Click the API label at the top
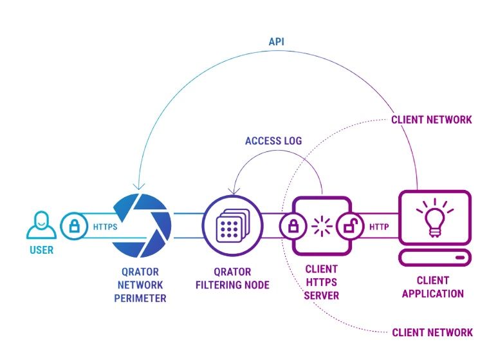coord(277,42)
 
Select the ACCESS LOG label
coord(273,141)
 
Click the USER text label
coord(41,250)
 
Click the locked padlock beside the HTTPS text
coord(74,226)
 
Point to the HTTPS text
coord(105,227)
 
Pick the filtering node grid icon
coord(232,226)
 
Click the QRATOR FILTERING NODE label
coord(232,278)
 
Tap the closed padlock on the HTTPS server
coord(293,226)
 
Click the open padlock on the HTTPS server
coord(351,226)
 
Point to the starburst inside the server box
coord(321,226)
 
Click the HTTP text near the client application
coord(380,227)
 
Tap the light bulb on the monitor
coord(432,216)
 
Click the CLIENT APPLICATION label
coord(432,287)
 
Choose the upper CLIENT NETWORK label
coord(432,120)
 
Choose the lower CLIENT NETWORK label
coord(432,332)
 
